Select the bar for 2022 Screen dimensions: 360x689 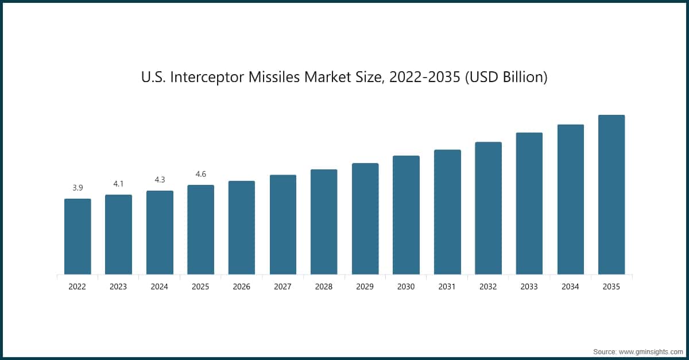pyautogui.click(x=78, y=237)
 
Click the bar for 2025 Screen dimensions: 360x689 pyautogui.click(x=200, y=230)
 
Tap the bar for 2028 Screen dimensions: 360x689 pyautogui.click(x=324, y=222)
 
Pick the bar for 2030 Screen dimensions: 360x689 pyautogui.click(x=406, y=215)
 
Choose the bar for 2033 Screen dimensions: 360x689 pyautogui.click(x=529, y=203)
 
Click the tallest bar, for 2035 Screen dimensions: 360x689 pyautogui.click(x=611, y=195)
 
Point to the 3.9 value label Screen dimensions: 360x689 pyautogui.click(x=78, y=188)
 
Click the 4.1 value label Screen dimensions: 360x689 pyautogui.click(x=118, y=184)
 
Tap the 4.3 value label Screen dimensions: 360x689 pyautogui.click(x=160, y=180)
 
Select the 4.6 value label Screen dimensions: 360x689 pyautogui.click(x=200, y=174)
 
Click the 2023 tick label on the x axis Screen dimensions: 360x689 pyautogui.click(x=118, y=287)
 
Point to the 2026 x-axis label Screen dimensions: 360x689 pyautogui.click(x=242, y=287)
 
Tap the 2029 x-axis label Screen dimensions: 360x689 pyautogui.click(x=365, y=287)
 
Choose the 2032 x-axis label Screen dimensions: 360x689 pyautogui.click(x=488, y=287)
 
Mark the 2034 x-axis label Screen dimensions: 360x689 pyautogui.click(x=570, y=287)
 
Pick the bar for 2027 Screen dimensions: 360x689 pyautogui.click(x=283, y=224)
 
